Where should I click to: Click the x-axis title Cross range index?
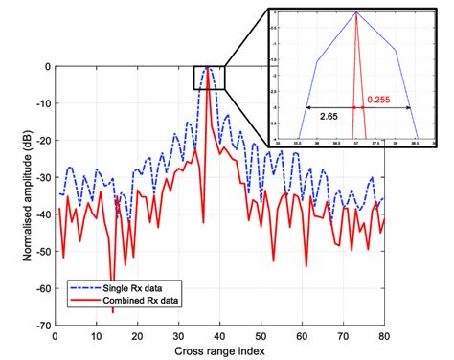pos(219,350)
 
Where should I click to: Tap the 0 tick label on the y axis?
pos(47,67)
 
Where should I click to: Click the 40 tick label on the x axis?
pos(219,336)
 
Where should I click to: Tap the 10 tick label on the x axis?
pos(96,336)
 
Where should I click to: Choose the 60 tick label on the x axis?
pos(302,336)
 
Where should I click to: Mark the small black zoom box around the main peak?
pos(209,78)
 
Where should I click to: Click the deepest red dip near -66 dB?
pos(110,310)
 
